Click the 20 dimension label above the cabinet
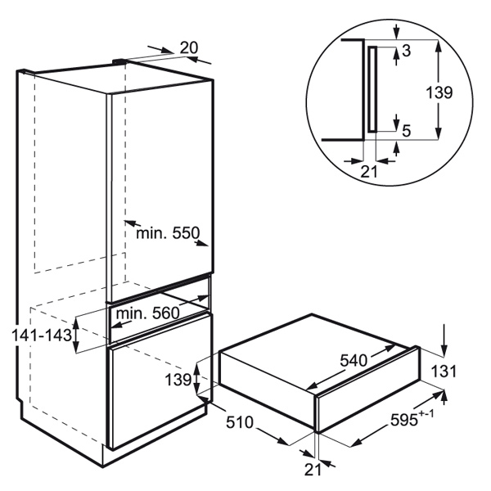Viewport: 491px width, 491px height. click(x=189, y=48)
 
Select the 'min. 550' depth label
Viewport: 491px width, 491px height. click(x=168, y=233)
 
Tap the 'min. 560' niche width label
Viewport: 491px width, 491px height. click(x=148, y=313)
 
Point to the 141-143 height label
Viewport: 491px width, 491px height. click(x=42, y=336)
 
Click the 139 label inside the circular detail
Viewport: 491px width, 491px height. click(x=439, y=92)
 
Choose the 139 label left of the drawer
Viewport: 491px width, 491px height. click(x=178, y=381)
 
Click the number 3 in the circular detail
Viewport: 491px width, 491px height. click(x=406, y=51)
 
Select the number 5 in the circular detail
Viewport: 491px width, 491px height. click(x=406, y=131)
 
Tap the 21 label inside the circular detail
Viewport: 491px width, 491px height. click(x=369, y=172)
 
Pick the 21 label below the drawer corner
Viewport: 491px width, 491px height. click(x=313, y=470)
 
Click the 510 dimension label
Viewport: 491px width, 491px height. click(x=240, y=422)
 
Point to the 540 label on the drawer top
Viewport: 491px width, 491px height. click(x=354, y=360)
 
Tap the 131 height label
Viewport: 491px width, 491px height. click(x=444, y=372)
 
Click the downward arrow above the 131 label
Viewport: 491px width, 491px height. click(x=444, y=340)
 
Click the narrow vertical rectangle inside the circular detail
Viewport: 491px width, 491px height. click(x=372, y=89)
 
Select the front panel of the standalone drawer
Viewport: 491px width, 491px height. click(x=368, y=391)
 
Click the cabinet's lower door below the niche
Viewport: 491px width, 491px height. click(x=160, y=381)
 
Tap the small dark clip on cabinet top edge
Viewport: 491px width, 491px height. click(x=119, y=61)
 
